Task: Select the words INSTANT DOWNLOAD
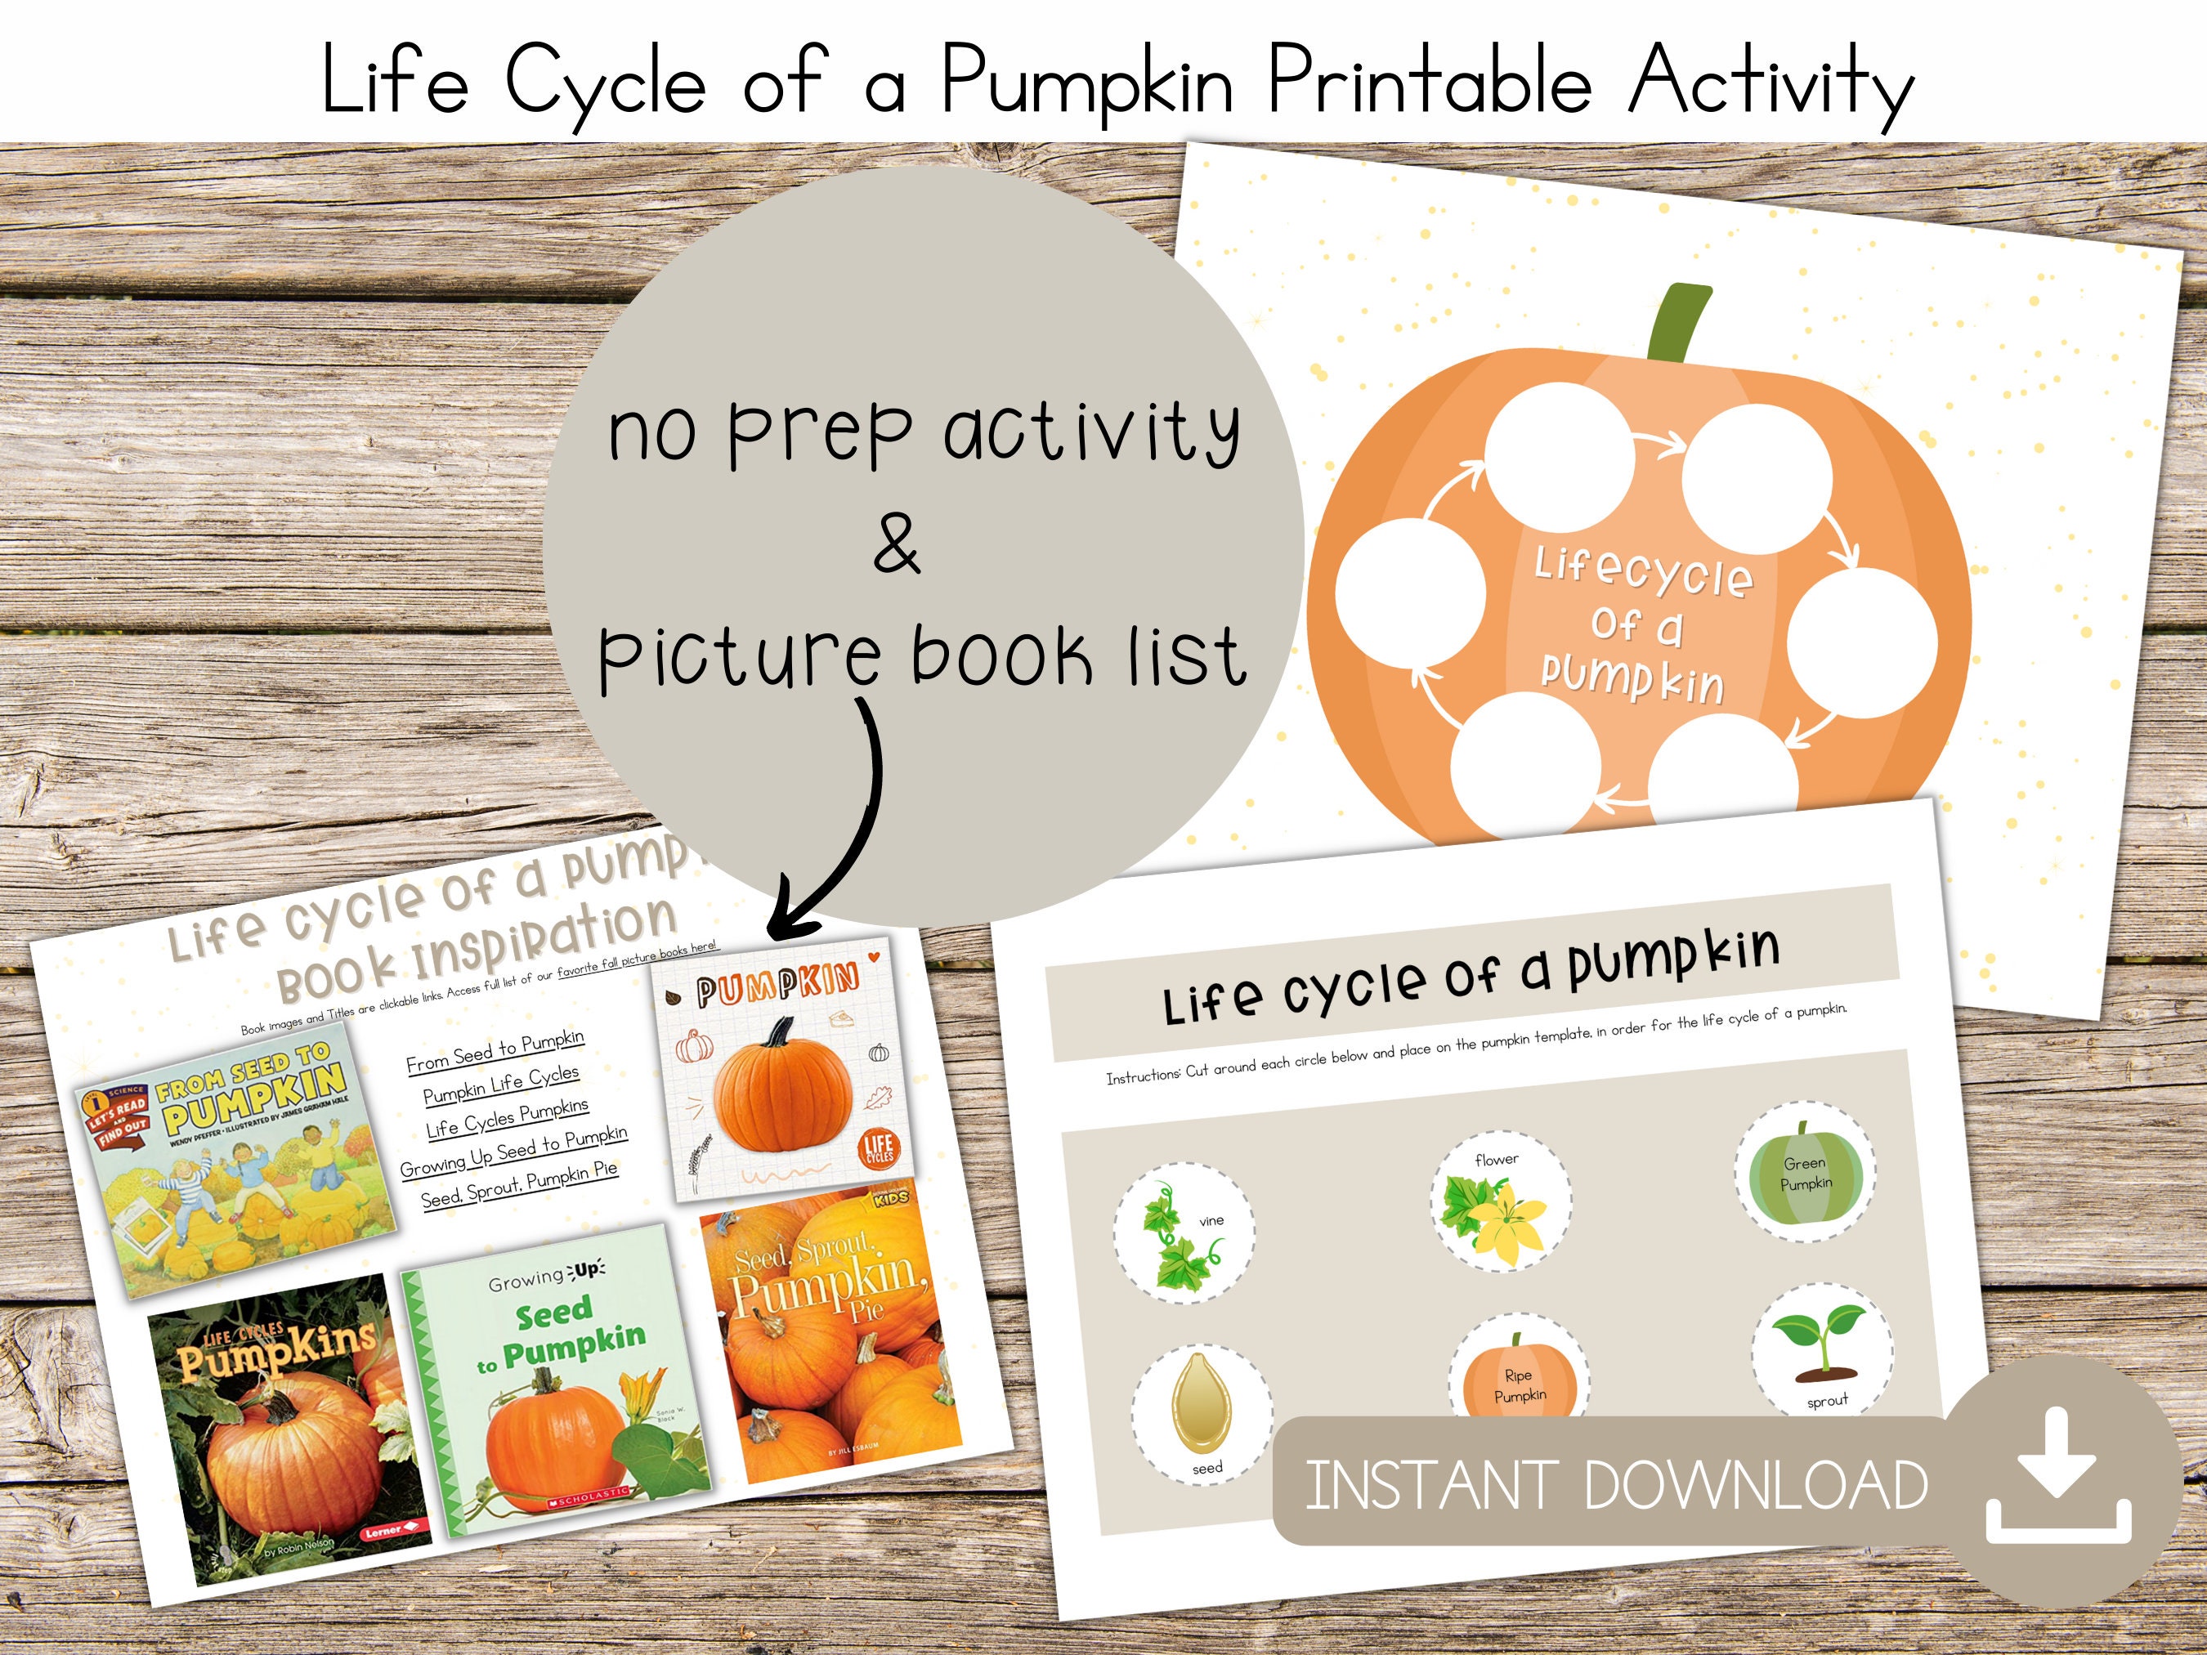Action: pos(1615,1485)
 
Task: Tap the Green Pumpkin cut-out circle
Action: pos(1805,1173)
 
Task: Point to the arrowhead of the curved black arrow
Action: pos(783,918)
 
